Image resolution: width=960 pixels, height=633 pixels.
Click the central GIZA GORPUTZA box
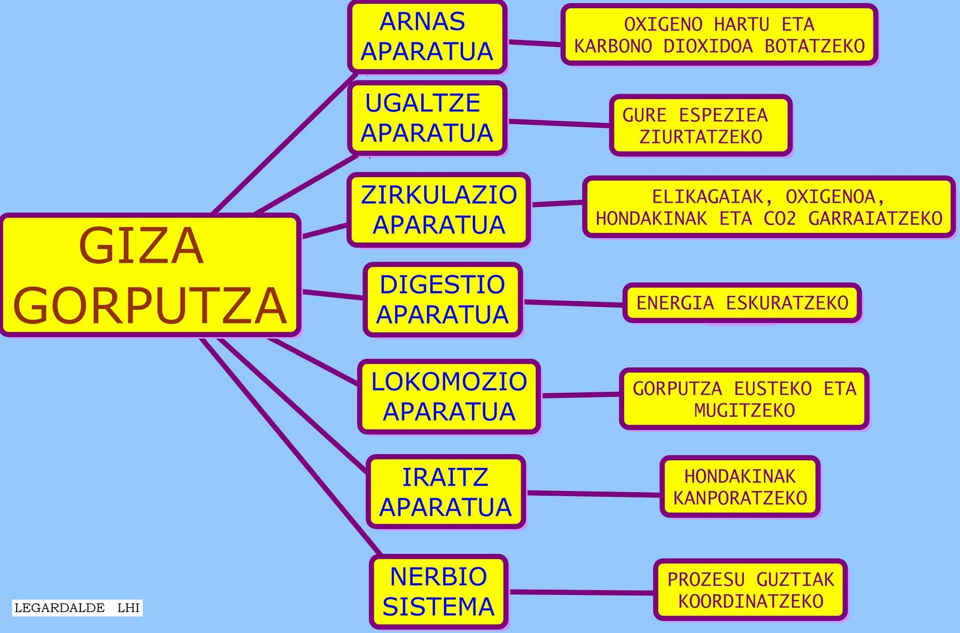tap(150, 275)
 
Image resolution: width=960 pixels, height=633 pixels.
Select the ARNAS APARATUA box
tap(427, 37)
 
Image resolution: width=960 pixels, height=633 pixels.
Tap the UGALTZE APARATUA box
tap(427, 118)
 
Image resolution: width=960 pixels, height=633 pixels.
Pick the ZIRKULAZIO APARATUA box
tap(439, 209)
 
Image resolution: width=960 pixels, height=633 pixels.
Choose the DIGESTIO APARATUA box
tap(443, 299)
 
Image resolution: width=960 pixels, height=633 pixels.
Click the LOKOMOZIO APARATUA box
tap(449, 397)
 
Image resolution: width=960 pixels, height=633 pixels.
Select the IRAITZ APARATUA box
tap(446, 492)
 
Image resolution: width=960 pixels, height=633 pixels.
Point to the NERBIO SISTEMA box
tap(439, 592)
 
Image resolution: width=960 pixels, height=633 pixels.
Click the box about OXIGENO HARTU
tap(719, 35)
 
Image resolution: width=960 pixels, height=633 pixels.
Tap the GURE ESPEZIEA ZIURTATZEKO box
tap(700, 125)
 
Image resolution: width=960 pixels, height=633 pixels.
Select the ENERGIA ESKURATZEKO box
tap(742, 303)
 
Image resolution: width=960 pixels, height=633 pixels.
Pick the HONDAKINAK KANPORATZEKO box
tap(740, 487)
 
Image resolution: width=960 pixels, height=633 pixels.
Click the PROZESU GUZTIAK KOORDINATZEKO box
tap(750, 590)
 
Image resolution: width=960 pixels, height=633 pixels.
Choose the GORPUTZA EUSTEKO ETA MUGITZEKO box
tap(744, 399)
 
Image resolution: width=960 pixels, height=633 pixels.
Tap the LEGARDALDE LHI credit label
tap(77, 608)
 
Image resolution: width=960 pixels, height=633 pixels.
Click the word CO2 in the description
tap(779, 218)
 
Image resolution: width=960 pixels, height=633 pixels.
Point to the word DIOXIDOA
tap(707, 46)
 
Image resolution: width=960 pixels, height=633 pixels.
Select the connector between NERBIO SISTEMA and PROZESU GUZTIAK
tap(581, 592)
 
